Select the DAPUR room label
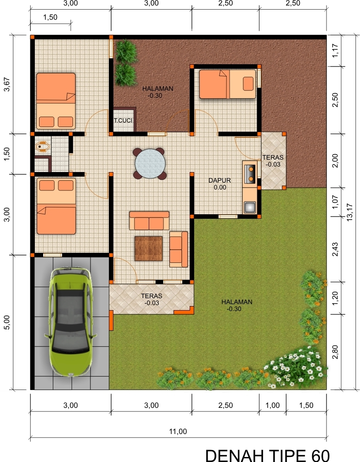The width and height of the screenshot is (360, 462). pos(219,181)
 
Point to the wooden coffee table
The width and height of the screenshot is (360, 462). pos(148,249)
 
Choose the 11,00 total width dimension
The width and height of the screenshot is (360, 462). pos(178,431)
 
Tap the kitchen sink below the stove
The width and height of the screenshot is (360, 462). pos(249,207)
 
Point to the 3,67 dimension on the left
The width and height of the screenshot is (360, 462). pos(6,83)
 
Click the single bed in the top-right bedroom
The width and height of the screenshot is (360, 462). pos(227,84)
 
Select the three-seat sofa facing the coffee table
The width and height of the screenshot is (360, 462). pos(149,221)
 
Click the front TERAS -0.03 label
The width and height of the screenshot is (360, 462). pos(152,299)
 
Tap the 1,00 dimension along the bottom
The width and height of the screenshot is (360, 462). pos(273,405)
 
